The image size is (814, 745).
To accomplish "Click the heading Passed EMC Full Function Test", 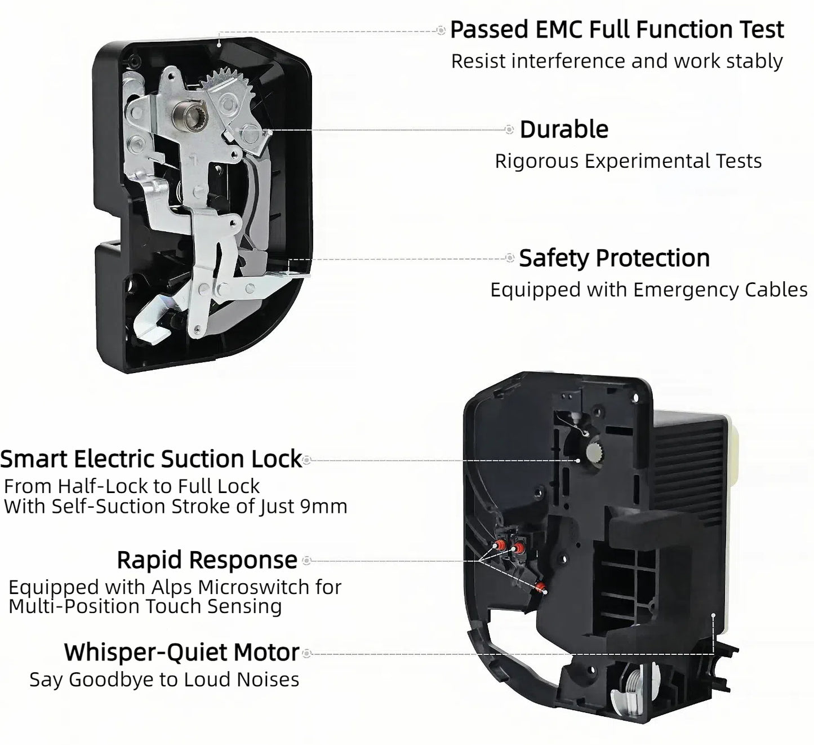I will (617, 30).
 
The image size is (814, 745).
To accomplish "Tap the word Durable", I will (564, 130).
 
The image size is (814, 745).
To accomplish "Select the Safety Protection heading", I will (614, 258).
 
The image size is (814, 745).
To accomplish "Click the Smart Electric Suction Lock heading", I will (151, 459).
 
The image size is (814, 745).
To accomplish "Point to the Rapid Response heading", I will (207, 560).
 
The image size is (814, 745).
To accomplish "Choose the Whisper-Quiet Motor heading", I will (181, 653).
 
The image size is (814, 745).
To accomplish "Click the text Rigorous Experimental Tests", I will (628, 161).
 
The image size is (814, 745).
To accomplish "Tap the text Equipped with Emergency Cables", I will (649, 290).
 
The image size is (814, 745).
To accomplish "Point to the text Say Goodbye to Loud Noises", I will (164, 680).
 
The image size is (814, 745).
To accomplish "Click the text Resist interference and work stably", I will (617, 61).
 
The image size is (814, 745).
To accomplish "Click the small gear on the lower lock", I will (596, 453).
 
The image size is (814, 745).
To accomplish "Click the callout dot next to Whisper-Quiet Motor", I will (307, 654).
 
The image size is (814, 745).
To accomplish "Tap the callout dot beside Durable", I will (509, 130).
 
